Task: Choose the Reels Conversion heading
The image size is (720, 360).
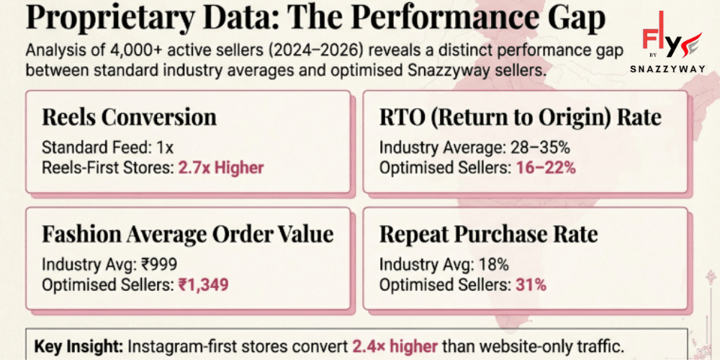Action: point(129,117)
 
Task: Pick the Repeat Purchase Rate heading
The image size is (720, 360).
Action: point(488,234)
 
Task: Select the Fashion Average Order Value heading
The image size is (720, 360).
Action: point(187,234)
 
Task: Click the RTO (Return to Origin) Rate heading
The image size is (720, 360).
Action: point(520,117)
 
